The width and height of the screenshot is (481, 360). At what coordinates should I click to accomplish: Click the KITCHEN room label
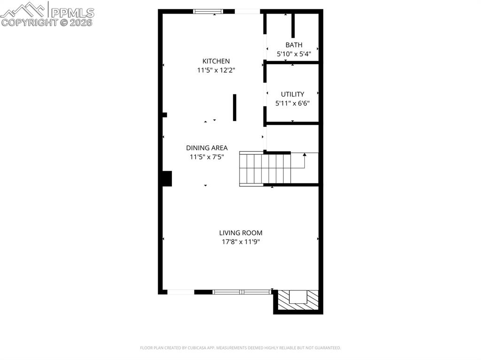(x=216, y=61)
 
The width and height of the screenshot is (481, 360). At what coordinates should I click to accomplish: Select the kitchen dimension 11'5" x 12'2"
(x=216, y=70)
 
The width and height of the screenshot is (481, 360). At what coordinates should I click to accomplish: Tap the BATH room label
(x=294, y=45)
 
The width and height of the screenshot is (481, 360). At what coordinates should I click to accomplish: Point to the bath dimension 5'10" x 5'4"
(x=294, y=54)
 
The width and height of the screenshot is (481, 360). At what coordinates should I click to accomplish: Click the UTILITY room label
(x=293, y=94)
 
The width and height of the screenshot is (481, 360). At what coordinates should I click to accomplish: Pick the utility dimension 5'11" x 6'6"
(x=293, y=103)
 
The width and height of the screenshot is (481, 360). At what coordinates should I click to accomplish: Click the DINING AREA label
(x=207, y=148)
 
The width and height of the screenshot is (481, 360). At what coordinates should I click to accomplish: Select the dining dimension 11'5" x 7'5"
(x=207, y=157)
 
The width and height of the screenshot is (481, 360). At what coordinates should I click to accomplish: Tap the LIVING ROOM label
(x=240, y=233)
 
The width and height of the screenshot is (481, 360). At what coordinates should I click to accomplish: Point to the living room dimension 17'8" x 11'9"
(x=240, y=242)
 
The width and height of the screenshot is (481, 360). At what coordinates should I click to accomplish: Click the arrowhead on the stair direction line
(x=304, y=154)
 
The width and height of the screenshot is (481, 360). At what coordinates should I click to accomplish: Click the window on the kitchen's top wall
(x=208, y=11)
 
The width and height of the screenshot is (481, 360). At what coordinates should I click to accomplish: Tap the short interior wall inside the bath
(x=293, y=26)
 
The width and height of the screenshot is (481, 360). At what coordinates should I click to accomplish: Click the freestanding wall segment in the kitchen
(x=234, y=107)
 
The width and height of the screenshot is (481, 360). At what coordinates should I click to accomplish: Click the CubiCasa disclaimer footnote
(x=240, y=348)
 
